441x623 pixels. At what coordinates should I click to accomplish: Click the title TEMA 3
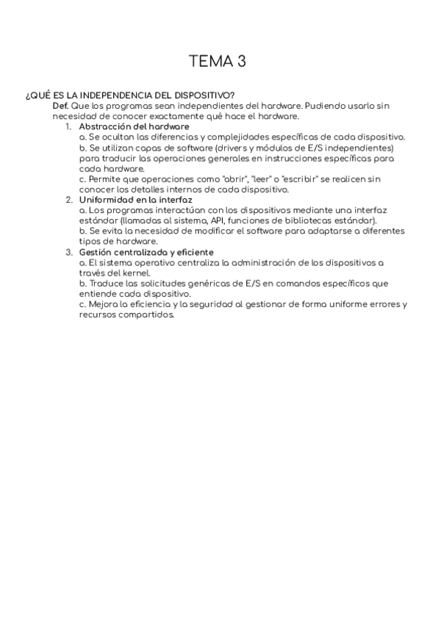217,61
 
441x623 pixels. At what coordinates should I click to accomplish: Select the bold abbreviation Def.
60,106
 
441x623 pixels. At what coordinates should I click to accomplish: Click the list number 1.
68,126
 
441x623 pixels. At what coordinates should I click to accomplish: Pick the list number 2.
68,199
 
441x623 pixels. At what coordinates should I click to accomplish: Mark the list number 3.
68,252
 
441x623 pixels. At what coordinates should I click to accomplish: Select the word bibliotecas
310,220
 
